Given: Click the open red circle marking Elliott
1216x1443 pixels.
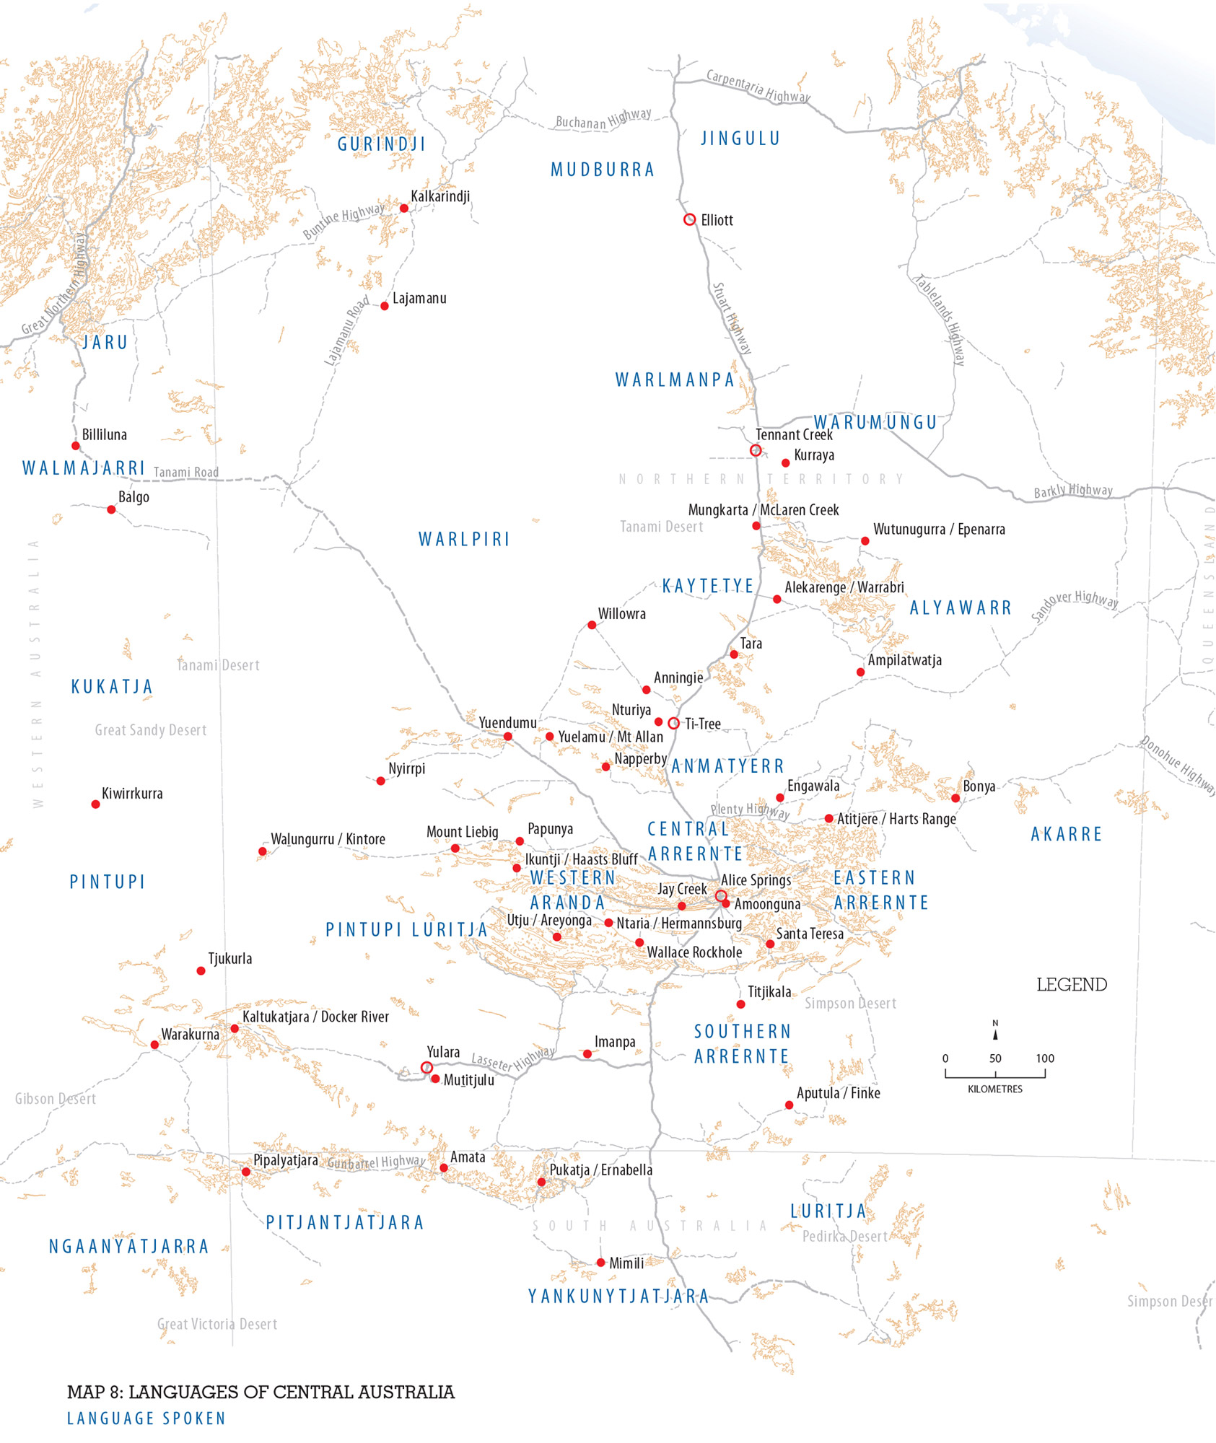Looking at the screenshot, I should point(689,219).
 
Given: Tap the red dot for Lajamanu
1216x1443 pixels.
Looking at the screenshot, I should point(385,307).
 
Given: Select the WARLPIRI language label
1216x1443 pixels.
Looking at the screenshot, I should point(464,540).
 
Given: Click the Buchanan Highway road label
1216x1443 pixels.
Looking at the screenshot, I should point(603,119).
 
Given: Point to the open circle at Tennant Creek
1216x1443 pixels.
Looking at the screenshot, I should point(756,450).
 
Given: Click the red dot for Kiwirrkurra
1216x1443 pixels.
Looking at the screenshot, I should point(95,804).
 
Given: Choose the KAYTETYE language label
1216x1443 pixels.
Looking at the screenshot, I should point(708,586).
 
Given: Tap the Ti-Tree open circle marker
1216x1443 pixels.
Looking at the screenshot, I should point(673,723).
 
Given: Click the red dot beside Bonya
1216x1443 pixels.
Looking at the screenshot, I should point(955,798).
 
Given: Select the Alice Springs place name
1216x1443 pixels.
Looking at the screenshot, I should point(756,880).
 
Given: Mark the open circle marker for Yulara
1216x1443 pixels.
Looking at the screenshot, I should point(427,1067).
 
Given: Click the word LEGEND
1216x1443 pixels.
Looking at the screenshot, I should point(1072,985).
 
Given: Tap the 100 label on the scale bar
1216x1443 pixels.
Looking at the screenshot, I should point(1045,1058).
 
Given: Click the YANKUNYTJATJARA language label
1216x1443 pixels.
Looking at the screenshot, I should point(618,1297).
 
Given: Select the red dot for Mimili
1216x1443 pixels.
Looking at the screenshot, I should point(600,1263).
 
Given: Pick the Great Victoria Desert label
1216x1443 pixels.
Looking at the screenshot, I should point(217,1324).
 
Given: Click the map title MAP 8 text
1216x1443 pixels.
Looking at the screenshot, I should point(261,1392).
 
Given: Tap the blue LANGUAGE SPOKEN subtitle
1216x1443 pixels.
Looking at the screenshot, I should point(146,1418).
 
